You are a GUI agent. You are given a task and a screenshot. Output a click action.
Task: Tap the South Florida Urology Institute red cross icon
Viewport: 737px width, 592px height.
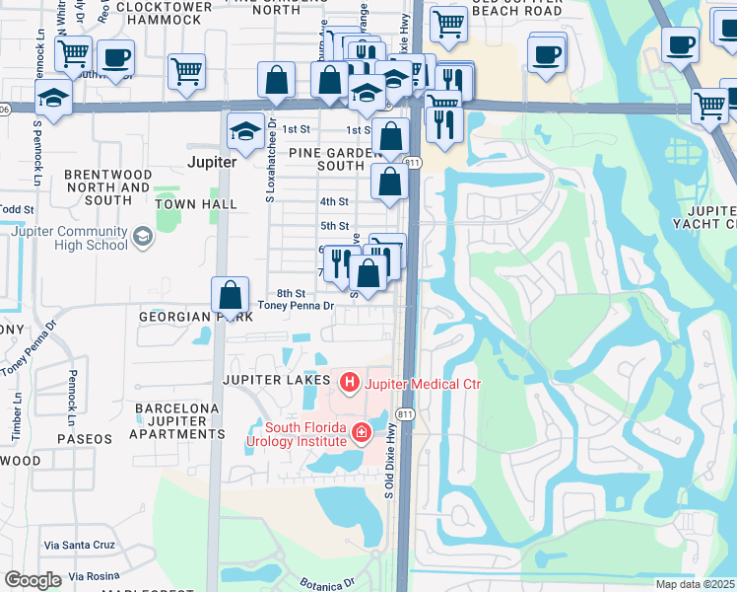(x=362, y=432)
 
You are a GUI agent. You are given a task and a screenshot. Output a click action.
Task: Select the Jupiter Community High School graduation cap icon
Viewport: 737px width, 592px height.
(x=144, y=237)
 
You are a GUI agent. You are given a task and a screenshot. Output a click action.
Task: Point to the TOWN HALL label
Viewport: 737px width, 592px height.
(x=196, y=204)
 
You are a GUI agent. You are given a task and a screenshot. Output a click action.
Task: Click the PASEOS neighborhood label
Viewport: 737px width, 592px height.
(x=85, y=438)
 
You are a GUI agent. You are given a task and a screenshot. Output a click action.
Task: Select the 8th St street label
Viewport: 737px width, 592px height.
(x=291, y=293)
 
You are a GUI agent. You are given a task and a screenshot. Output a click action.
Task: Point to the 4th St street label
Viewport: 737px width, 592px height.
(x=334, y=201)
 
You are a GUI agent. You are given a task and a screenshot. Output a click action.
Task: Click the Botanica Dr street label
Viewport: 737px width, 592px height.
(x=326, y=583)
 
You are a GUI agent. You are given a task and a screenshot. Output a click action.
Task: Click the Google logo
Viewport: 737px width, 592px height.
(x=33, y=580)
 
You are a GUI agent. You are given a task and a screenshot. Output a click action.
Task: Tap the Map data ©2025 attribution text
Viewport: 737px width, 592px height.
(x=695, y=584)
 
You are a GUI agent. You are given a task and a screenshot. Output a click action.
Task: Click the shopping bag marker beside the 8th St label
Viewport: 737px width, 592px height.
(x=230, y=295)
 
